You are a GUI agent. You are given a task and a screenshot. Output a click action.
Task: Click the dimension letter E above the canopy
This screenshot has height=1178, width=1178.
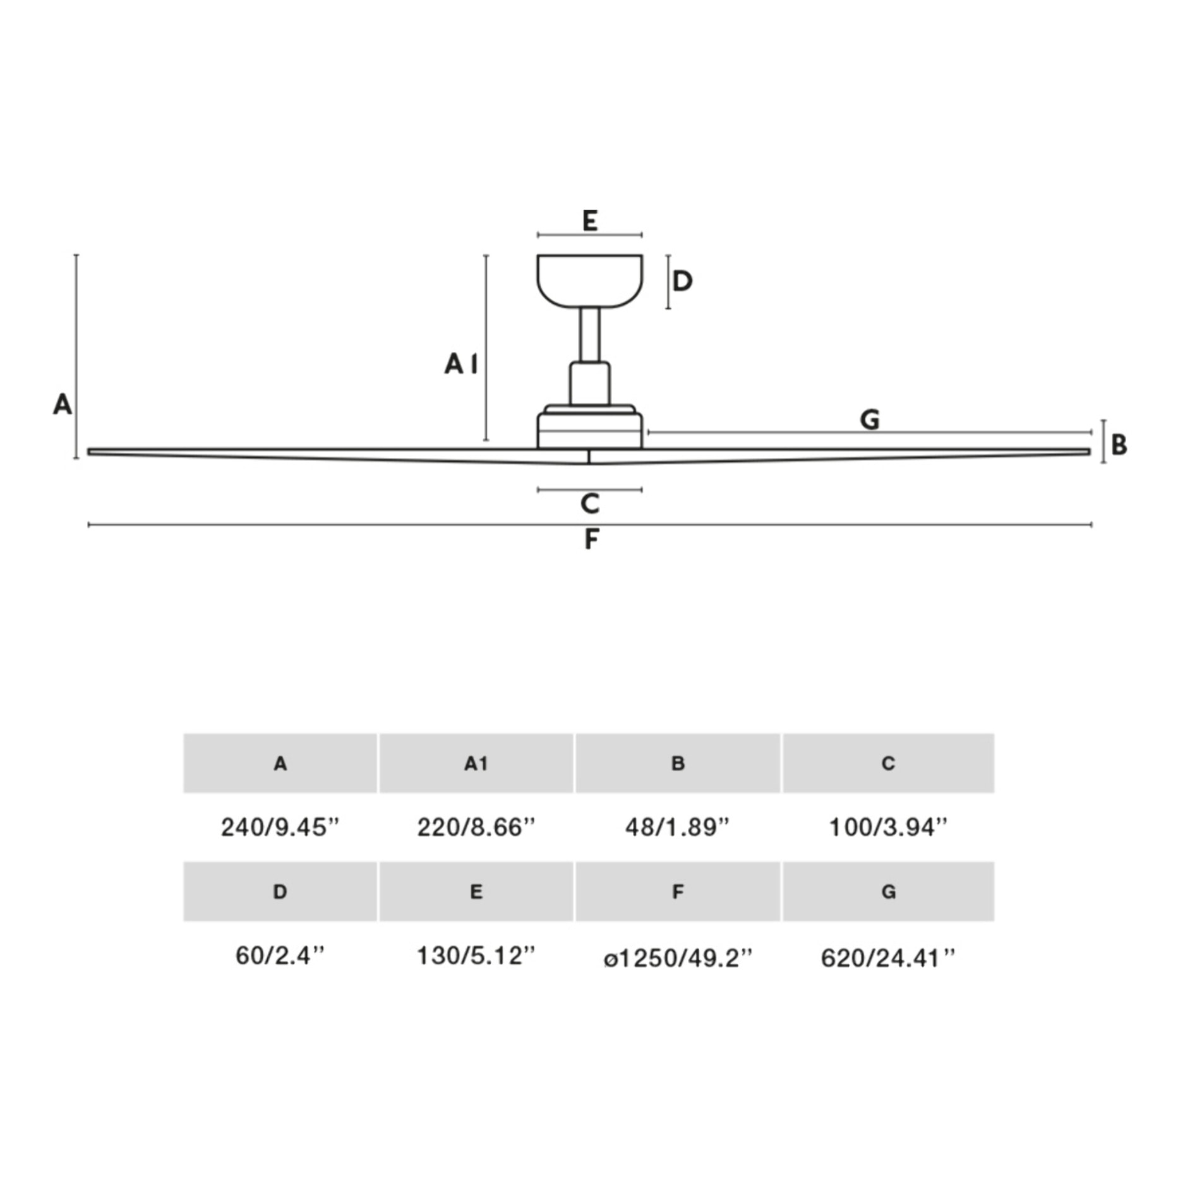click(x=589, y=220)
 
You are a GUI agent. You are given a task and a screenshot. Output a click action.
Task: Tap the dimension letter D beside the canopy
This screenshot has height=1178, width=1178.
click(x=682, y=281)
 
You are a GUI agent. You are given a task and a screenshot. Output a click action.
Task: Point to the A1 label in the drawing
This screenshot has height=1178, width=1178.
click(x=461, y=364)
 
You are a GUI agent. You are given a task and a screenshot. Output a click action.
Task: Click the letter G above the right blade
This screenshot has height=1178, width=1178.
click(x=870, y=419)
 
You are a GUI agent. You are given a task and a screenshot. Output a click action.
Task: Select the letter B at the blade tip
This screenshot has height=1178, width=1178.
click(x=1119, y=445)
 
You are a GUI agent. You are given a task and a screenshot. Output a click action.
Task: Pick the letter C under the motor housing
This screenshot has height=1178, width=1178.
click(x=589, y=504)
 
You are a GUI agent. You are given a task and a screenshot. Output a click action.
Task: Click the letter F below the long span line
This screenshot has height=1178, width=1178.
click(x=591, y=539)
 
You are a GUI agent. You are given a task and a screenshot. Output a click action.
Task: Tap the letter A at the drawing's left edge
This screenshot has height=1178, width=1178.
click(x=62, y=404)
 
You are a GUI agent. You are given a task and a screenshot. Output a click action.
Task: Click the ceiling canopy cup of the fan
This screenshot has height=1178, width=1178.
click(x=589, y=281)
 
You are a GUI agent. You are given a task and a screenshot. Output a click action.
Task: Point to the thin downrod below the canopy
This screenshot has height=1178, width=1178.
click(x=590, y=335)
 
